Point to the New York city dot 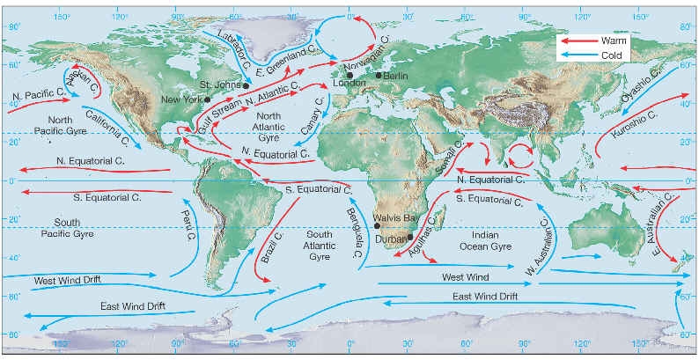click(x=207, y=99)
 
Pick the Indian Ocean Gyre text click(x=490, y=241)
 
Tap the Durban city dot click(x=410, y=237)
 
